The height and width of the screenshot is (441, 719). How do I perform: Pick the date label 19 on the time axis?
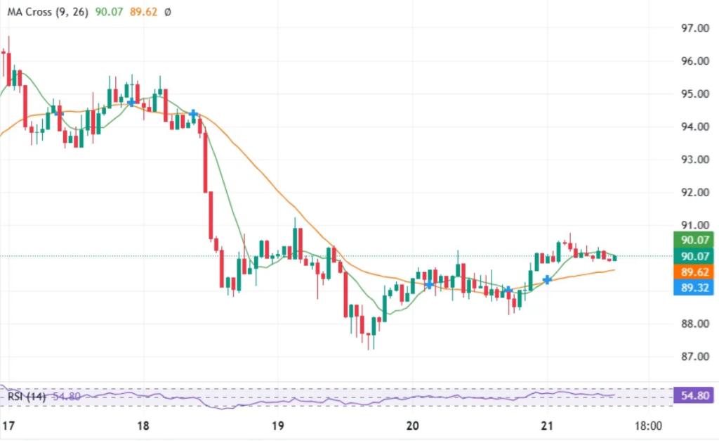[x=277, y=426]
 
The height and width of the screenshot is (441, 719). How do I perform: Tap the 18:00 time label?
[x=648, y=426]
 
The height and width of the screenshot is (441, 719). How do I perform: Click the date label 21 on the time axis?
[x=548, y=426]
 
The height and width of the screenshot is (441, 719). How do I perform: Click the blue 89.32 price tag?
[x=692, y=288]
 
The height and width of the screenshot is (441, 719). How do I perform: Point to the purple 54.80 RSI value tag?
[x=692, y=396]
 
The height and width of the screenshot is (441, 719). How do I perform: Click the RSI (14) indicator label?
[x=27, y=397]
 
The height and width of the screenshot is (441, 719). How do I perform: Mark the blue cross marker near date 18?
[x=131, y=103]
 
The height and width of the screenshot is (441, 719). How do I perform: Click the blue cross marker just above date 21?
[x=547, y=280]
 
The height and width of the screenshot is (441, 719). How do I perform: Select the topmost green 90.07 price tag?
[x=692, y=240]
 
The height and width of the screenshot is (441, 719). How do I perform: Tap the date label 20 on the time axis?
[x=413, y=426]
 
